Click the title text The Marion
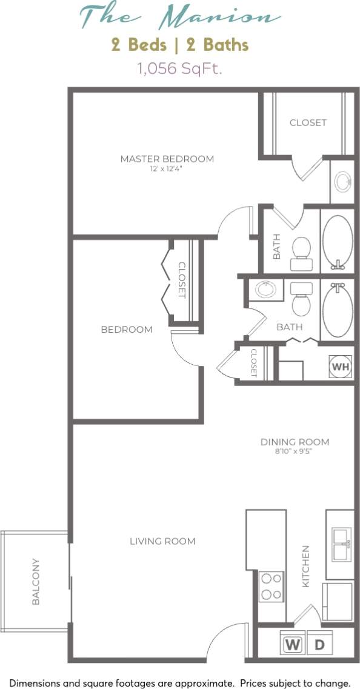tap(180, 16)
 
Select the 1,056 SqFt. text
tap(180, 68)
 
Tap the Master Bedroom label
tap(167, 159)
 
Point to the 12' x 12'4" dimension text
tap(167, 170)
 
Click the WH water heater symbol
tap(339, 367)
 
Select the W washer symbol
tap(293, 645)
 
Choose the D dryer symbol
tap(319, 645)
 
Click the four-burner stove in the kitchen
tap(272, 587)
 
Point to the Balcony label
tap(36, 581)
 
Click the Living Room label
tap(162, 541)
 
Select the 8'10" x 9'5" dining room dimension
tap(295, 451)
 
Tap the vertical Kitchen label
tap(306, 565)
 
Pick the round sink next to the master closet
tap(342, 181)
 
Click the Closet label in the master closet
tap(308, 122)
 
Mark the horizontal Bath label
tap(289, 327)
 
